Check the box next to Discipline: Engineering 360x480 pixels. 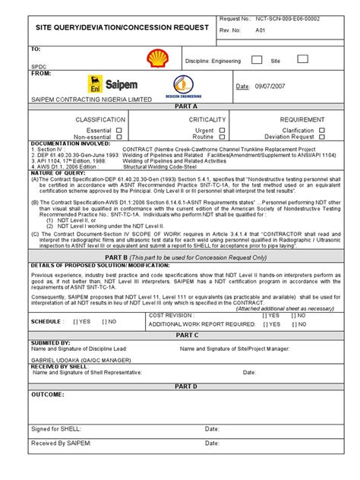[257, 59]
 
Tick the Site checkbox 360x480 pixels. [302, 58]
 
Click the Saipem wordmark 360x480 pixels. [74, 85]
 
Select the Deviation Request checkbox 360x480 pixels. [321, 137]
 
